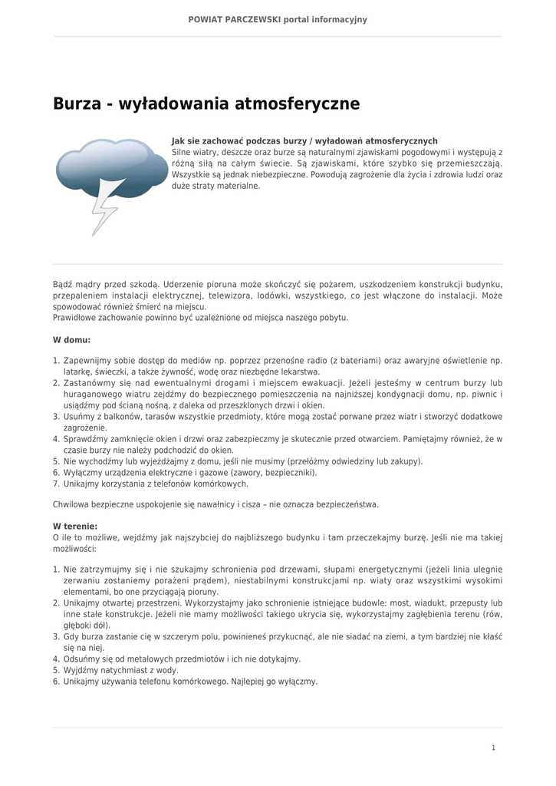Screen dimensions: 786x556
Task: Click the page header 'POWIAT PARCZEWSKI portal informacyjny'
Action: pos(278,19)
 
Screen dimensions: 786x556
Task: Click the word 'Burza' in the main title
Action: pos(77,103)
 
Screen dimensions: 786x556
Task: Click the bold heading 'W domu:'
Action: pos(71,339)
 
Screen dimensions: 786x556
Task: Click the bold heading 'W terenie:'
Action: pos(75,527)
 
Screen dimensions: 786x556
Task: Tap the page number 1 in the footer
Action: pos(494,748)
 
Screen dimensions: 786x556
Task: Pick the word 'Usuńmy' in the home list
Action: pos(77,417)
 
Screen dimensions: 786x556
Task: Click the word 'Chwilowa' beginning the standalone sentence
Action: pos(71,505)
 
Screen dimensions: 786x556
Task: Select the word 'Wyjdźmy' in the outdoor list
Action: pos(80,670)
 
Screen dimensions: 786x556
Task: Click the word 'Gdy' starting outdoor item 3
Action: pos(71,636)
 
